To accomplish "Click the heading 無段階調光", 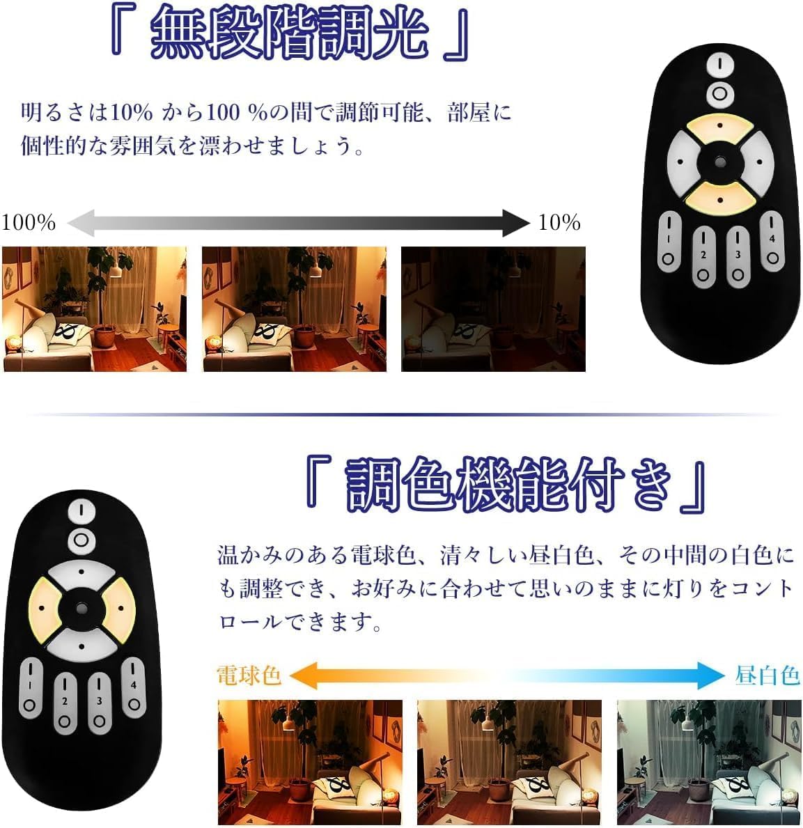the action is pos(289,33).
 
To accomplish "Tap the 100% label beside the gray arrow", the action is pos(29,222).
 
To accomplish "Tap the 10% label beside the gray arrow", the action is pos(559,222).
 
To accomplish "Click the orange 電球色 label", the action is pos(249,675).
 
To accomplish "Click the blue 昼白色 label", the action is pos(767,675).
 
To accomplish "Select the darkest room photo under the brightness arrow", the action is pos(493,309).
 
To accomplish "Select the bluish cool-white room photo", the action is pos(708,762).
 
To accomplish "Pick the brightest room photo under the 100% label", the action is pos(95,309).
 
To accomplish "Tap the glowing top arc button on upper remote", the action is pos(720,127).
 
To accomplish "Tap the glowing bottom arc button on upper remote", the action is pos(720,198).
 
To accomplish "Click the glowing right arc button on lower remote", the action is pos(120,609).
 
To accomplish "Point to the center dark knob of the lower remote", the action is pos(81,609).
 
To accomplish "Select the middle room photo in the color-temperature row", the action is pos(509,762).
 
